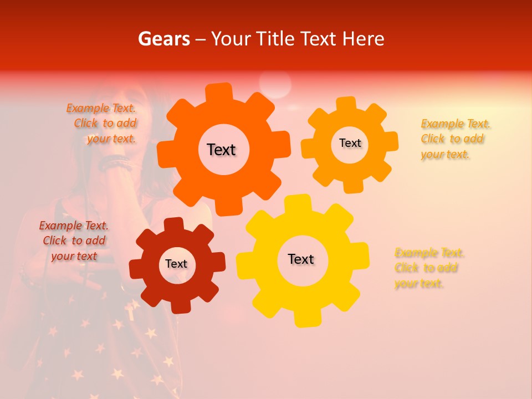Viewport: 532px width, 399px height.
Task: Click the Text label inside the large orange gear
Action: point(221,150)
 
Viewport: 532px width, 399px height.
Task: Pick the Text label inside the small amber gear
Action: point(350,143)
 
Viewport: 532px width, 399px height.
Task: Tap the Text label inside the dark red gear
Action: point(176,264)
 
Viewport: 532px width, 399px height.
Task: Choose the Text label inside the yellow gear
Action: point(301,259)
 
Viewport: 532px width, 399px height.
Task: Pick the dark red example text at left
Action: point(74,241)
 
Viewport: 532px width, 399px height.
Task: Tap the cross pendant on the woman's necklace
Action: point(131,310)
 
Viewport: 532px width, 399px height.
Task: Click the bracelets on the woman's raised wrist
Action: point(116,162)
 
